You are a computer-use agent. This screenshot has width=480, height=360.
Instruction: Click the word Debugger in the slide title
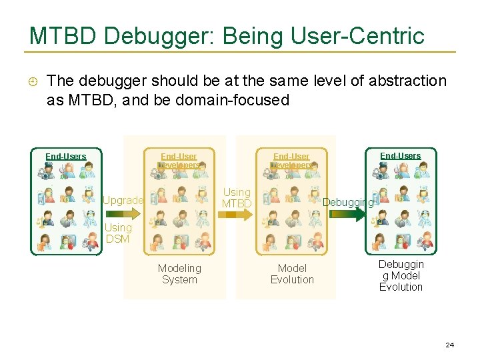pyautogui.click(x=148, y=37)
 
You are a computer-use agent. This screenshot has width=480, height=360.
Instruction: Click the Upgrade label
pyautogui.click(x=123, y=201)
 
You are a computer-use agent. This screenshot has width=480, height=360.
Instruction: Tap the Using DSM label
pyautogui.click(x=119, y=233)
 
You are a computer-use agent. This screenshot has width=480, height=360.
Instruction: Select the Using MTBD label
pyautogui.click(x=237, y=198)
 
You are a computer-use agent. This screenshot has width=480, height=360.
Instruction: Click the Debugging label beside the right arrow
pyautogui.click(x=348, y=202)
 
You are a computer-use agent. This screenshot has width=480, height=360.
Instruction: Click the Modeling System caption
pyautogui.click(x=179, y=274)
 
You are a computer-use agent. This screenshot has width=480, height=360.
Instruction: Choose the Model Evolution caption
pyautogui.click(x=292, y=274)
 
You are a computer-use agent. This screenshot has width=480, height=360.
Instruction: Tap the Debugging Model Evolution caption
pyautogui.click(x=401, y=275)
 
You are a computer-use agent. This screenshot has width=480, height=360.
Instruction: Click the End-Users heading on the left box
pyautogui.click(x=66, y=157)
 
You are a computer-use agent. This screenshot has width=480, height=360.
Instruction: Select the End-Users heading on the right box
pyautogui.click(x=400, y=156)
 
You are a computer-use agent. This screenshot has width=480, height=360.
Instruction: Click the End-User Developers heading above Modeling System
pyautogui.click(x=179, y=161)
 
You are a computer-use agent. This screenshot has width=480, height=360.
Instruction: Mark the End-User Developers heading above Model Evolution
pyautogui.click(x=291, y=161)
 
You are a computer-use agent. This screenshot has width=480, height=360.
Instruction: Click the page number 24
pyautogui.click(x=449, y=345)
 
